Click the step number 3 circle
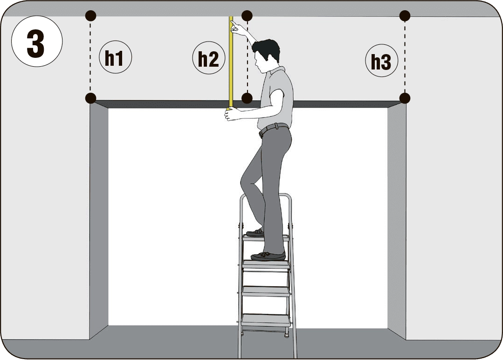point(37,41)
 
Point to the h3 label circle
point(381,60)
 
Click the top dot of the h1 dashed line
point(91,15)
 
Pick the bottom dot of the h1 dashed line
point(91,98)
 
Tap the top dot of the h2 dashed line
point(247,15)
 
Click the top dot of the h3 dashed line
point(405,15)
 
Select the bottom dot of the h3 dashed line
point(405,98)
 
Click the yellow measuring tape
point(231,62)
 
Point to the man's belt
point(274,129)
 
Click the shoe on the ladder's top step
point(255,233)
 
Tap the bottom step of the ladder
point(265,320)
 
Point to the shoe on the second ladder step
point(268,256)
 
